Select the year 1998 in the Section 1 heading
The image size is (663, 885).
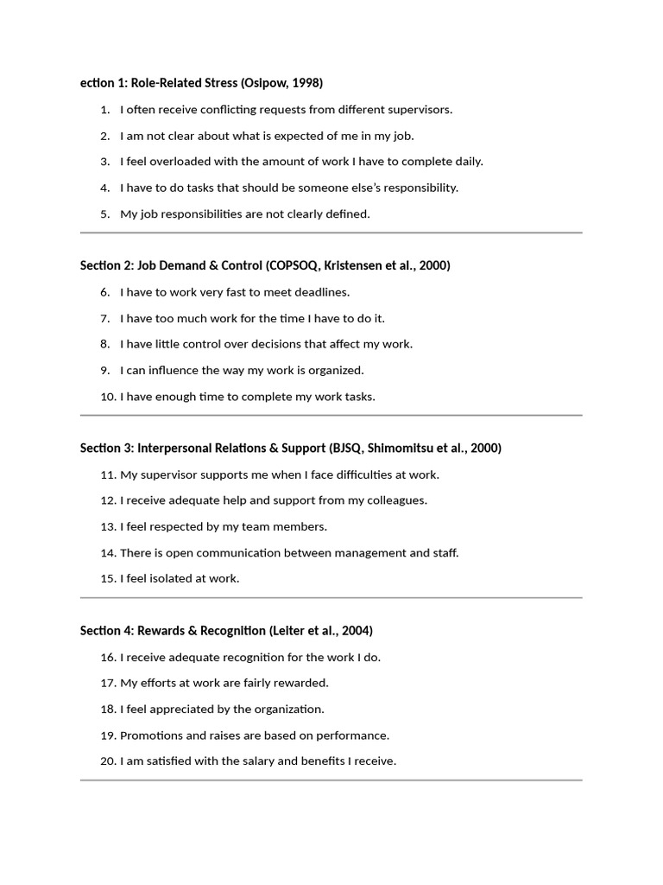click(306, 83)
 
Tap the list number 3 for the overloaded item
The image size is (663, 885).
click(104, 162)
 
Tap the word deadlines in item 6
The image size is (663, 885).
click(320, 292)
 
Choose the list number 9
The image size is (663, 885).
click(104, 370)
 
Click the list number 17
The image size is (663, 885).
click(108, 683)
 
